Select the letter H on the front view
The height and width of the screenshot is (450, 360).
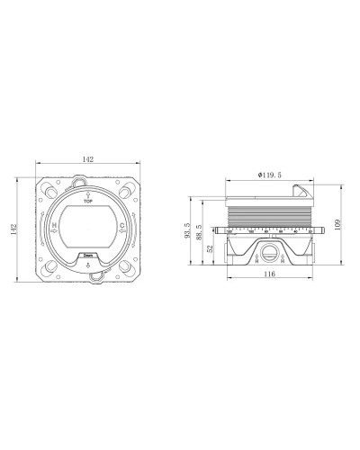tap(57, 225)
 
